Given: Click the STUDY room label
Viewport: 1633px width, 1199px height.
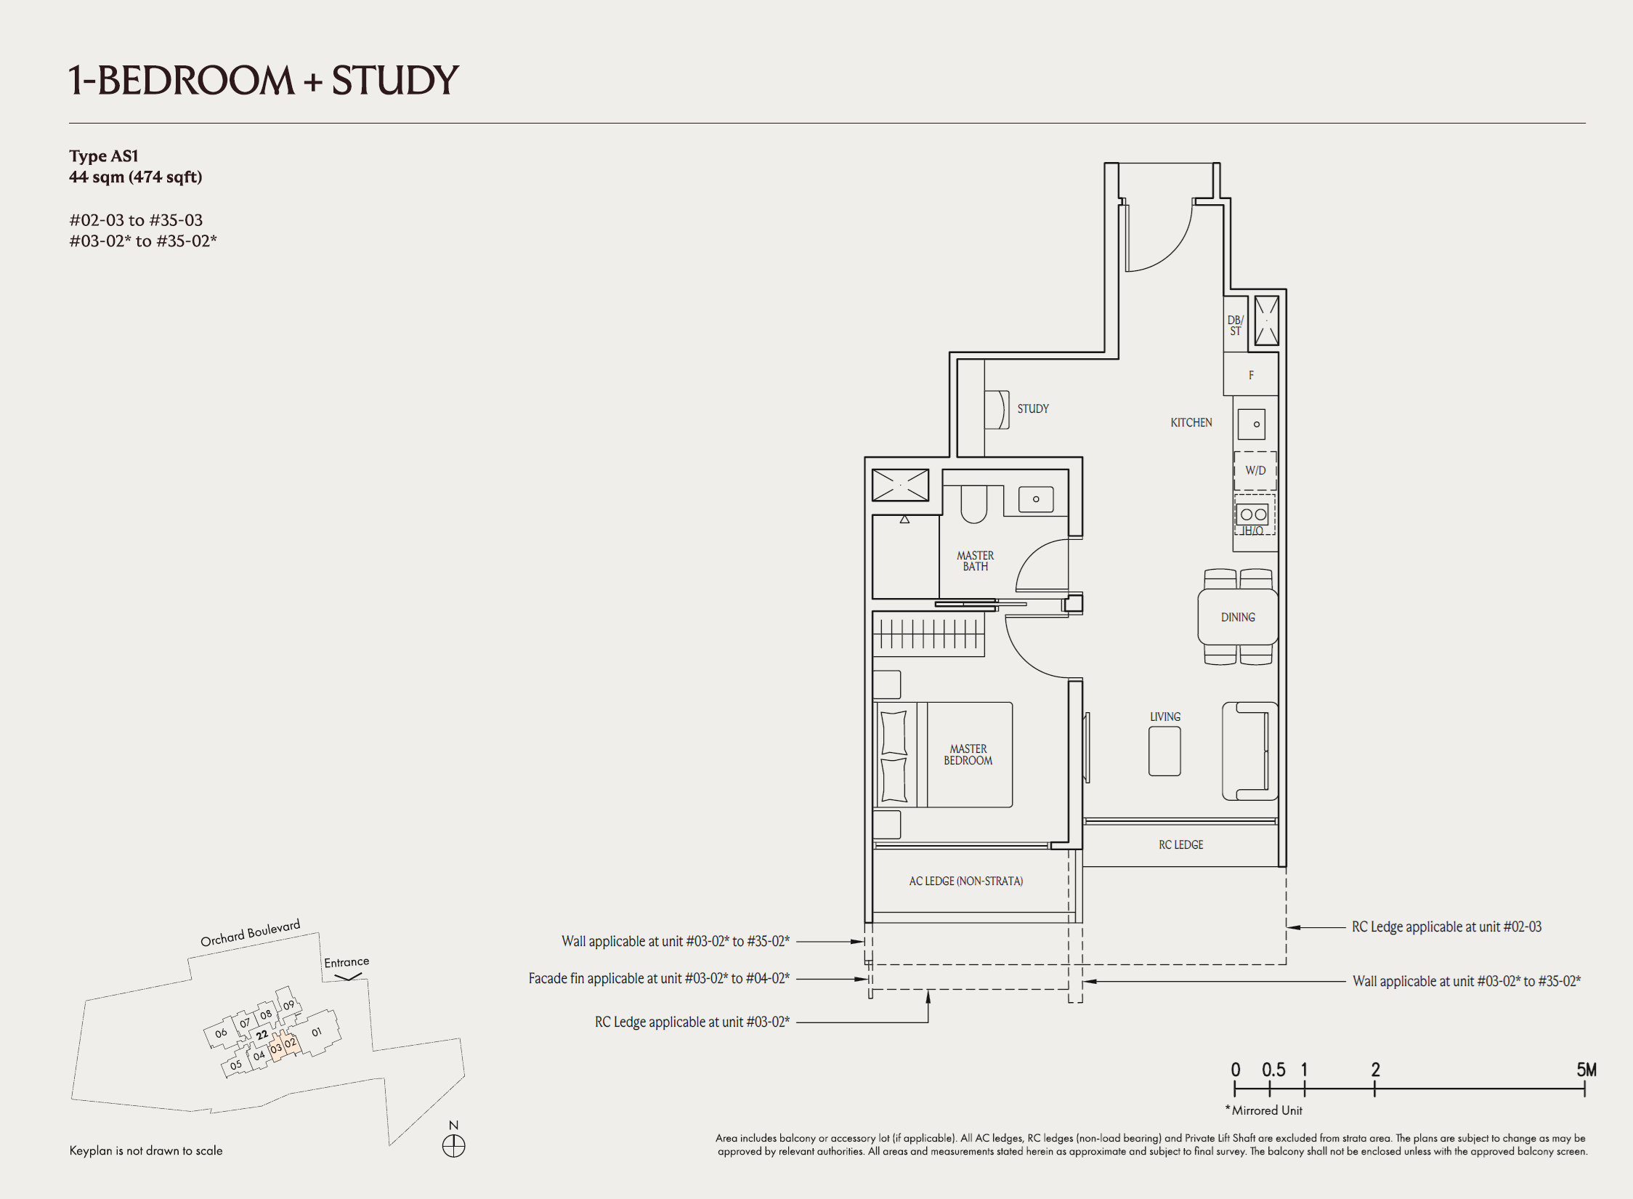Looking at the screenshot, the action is click(1033, 409).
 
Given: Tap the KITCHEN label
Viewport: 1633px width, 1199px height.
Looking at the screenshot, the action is click(1191, 423).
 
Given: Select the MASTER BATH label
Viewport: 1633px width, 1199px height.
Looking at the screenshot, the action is click(976, 561).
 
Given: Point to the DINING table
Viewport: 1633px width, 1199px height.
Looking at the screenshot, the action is click(1238, 617).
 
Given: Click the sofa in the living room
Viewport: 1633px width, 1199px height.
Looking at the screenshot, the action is click(1249, 751).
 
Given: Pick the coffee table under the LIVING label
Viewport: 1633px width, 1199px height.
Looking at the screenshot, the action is click(1164, 751).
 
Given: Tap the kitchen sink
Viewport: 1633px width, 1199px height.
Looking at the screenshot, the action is click(1252, 424).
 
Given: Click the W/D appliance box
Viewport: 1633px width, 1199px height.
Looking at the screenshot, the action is click(1255, 471).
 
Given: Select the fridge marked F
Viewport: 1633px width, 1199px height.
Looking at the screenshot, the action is click(1251, 375).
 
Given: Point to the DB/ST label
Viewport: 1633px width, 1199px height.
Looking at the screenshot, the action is click(1236, 326).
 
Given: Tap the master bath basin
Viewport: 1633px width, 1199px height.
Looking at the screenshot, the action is click(1036, 499).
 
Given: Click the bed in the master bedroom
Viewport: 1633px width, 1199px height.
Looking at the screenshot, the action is click(944, 755).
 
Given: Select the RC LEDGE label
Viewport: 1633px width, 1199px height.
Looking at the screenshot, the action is click(1181, 845).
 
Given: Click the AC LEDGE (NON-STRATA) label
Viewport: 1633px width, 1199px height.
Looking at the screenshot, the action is click(966, 881).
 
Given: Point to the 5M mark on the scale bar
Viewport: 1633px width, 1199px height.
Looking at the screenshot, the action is click(1586, 1070).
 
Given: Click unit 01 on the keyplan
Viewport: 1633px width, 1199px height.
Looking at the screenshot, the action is click(317, 1032).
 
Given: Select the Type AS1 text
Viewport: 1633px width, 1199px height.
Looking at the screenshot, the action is click(104, 156).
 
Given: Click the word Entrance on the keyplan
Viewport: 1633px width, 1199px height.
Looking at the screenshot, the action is click(347, 962).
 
